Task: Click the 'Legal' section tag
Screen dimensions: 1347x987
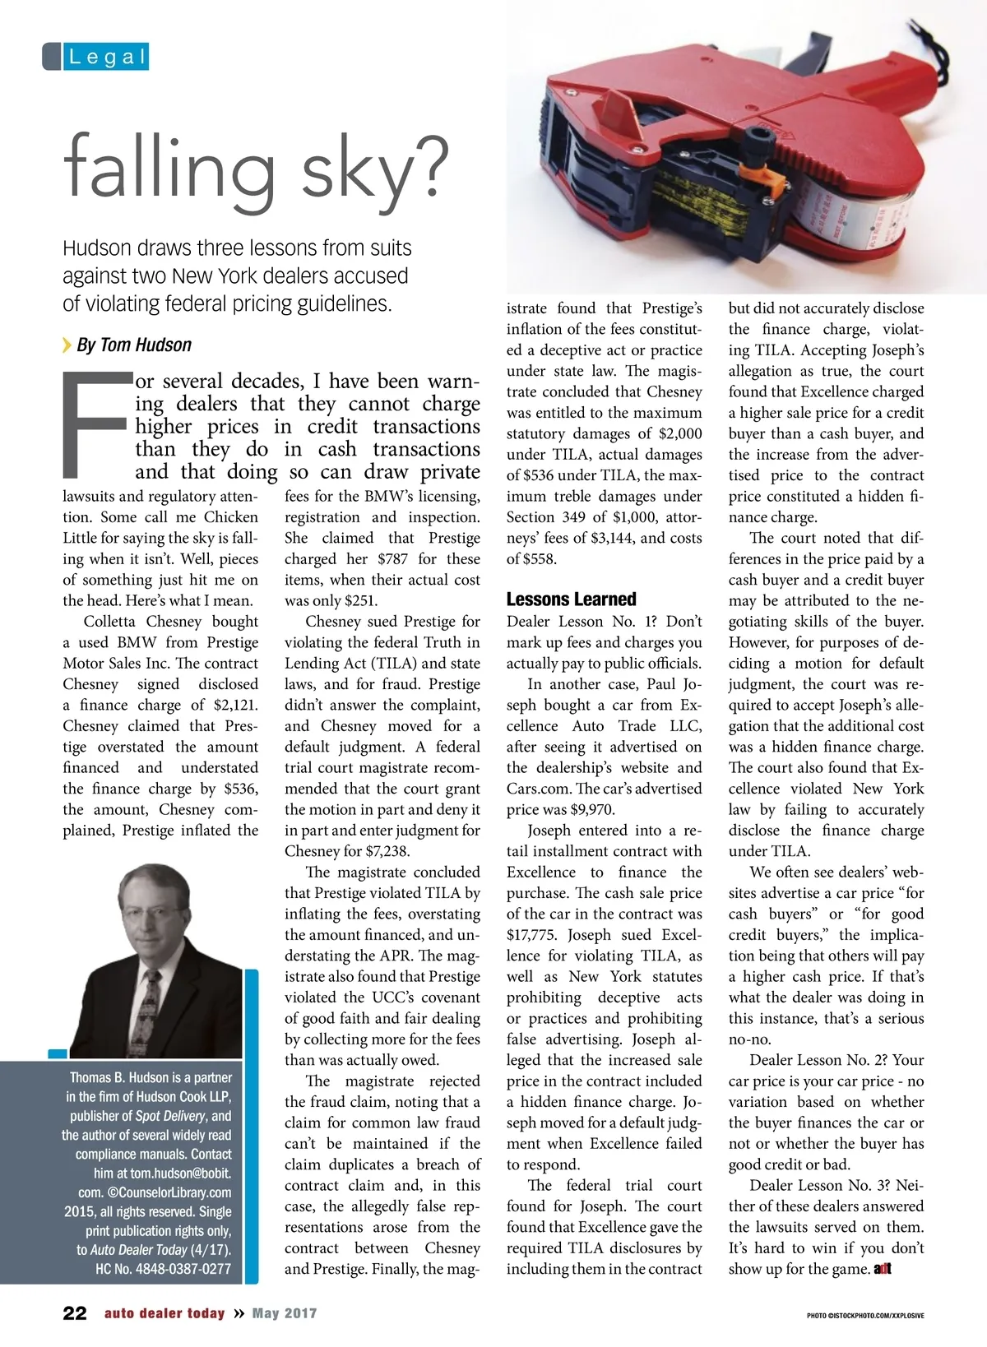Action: (x=107, y=57)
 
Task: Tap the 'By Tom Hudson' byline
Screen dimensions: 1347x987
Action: (x=133, y=345)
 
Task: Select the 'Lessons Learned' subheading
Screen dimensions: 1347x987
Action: (x=571, y=599)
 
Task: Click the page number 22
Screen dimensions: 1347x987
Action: (x=75, y=1313)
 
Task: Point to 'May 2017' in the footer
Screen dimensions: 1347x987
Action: (x=284, y=1313)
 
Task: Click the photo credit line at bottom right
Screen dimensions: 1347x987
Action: (x=864, y=1316)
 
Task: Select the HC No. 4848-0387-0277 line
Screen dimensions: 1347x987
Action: (x=163, y=1269)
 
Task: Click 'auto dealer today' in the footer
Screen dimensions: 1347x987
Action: (x=164, y=1313)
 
